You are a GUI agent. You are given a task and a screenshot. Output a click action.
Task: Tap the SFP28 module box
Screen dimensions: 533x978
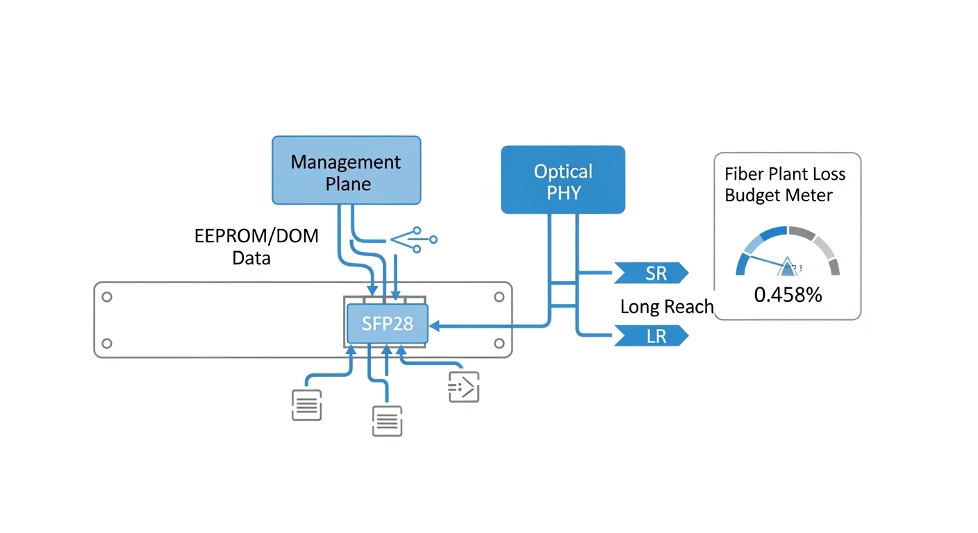[387, 323]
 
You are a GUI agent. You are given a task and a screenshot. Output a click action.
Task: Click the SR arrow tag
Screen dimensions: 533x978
[650, 273]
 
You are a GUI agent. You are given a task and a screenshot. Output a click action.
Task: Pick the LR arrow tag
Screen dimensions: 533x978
[650, 337]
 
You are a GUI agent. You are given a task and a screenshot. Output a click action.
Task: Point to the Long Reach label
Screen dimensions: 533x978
[666, 306]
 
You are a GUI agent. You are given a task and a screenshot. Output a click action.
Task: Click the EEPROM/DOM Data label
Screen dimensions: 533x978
[256, 246]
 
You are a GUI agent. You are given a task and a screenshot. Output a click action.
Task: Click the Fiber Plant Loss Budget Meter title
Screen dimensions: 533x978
[785, 185]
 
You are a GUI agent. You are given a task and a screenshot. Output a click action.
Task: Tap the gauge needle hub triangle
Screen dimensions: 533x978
[788, 267]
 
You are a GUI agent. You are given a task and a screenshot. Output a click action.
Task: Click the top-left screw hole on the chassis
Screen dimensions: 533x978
[106, 297]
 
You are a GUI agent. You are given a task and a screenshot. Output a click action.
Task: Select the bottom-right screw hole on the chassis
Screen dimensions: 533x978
[499, 344]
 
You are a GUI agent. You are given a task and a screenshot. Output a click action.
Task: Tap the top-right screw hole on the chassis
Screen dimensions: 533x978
[499, 297]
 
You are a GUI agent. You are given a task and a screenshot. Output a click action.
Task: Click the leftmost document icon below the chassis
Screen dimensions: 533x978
[306, 405]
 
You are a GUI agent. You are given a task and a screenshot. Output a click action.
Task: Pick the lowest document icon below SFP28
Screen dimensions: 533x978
[387, 421]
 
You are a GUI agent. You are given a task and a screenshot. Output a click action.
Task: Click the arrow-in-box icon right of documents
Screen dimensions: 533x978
[463, 387]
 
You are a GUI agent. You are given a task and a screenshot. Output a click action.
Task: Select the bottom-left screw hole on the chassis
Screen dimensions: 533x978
[106, 344]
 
